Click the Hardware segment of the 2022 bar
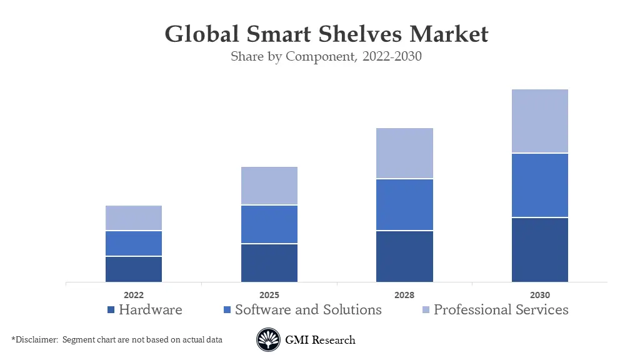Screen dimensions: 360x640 133,269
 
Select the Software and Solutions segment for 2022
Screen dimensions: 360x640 133,243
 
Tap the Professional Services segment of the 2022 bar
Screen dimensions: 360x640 133,217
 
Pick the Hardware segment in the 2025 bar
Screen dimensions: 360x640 269,262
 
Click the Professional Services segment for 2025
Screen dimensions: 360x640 269,186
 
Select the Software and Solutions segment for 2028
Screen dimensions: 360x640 404,204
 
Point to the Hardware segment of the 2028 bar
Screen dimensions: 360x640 404,256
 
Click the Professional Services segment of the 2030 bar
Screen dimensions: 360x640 539,121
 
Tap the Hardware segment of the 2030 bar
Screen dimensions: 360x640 539,249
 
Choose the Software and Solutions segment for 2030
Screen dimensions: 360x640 539,185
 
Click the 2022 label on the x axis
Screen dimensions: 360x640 133,295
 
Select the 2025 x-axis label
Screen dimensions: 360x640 269,295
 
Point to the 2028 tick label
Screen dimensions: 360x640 404,295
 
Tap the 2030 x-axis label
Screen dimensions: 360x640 539,295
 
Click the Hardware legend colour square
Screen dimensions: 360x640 111,310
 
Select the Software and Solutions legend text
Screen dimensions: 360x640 308,309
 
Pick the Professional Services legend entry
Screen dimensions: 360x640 501,309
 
